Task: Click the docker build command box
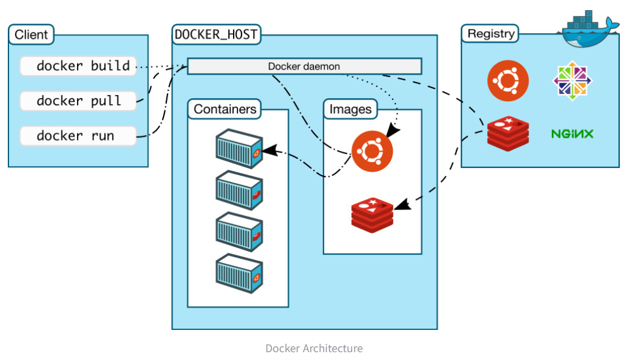point(78,66)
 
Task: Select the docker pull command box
point(78,101)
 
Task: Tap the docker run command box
point(78,135)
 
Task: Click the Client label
point(31,34)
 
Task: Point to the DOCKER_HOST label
point(216,34)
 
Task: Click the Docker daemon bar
point(304,66)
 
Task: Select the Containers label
point(225,109)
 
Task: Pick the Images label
point(351,109)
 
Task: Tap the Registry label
point(491,34)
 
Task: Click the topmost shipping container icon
point(239,149)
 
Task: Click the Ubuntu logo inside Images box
point(372,151)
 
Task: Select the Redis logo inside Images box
point(372,214)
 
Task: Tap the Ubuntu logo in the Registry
point(508,81)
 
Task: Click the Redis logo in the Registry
point(508,133)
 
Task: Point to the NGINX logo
point(572,134)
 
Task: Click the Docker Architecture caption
point(314,349)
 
